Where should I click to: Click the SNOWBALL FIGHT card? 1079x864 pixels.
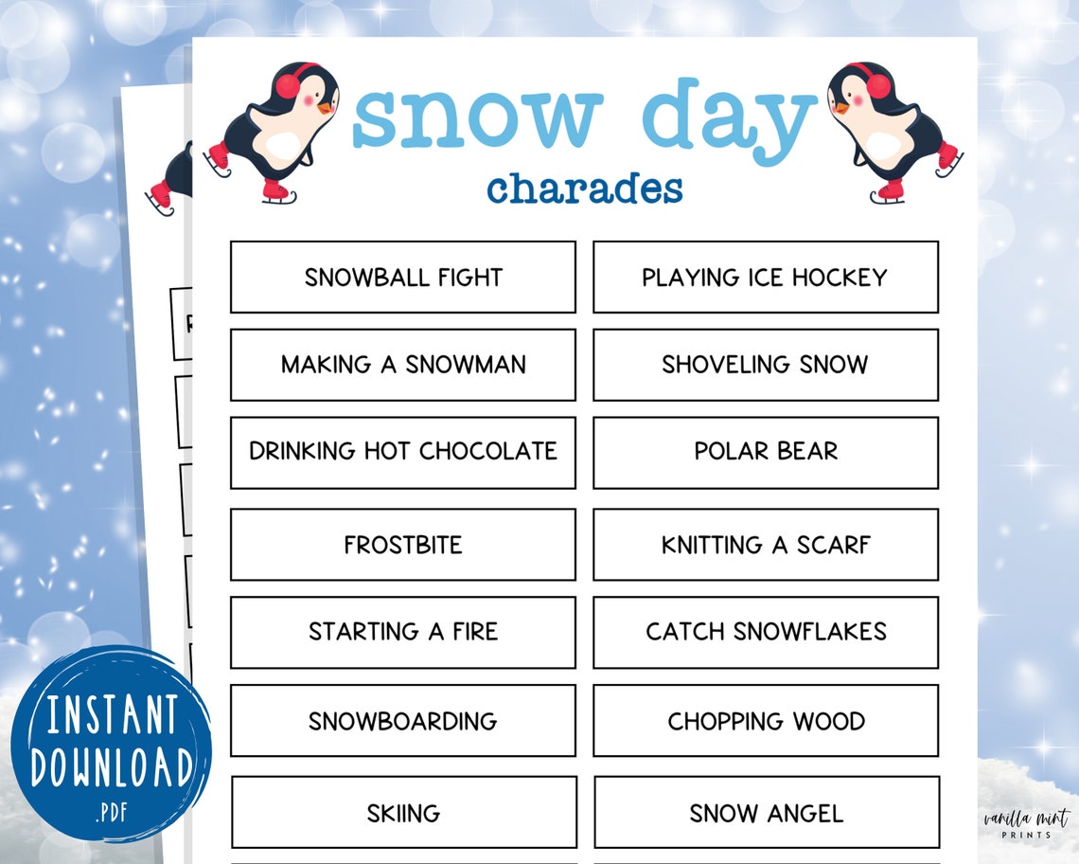click(x=402, y=277)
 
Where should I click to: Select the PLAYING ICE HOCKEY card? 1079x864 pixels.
click(x=765, y=277)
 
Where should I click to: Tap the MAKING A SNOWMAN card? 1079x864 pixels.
click(x=402, y=365)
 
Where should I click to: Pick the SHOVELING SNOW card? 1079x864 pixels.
click(x=765, y=365)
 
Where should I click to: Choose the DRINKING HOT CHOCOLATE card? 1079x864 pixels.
click(x=402, y=452)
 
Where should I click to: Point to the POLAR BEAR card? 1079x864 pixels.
click(x=765, y=452)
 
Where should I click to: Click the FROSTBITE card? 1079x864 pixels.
click(x=402, y=545)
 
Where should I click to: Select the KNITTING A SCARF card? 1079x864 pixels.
click(x=765, y=545)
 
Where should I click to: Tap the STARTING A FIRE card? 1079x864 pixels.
click(x=402, y=632)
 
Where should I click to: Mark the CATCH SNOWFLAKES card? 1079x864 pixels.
click(x=765, y=632)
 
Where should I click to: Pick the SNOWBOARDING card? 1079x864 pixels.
click(x=402, y=721)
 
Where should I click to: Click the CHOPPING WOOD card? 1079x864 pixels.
click(x=765, y=721)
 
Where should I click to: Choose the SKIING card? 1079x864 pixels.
click(x=403, y=813)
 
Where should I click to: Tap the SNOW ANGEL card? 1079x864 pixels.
click(x=766, y=813)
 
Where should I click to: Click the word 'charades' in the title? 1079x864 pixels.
click(x=584, y=188)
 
